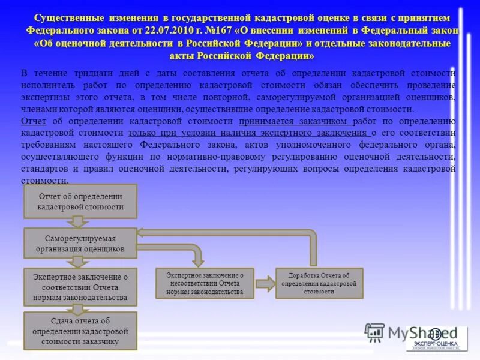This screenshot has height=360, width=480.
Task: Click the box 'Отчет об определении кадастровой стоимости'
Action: click(x=80, y=201)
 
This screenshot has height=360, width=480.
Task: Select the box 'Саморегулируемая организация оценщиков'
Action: click(x=80, y=243)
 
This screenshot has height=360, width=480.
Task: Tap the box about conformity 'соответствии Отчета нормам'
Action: click(x=80, y=287)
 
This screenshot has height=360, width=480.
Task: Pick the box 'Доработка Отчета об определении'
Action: click(x=319, y=283)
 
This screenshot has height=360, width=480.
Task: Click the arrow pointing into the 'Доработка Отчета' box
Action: click(x=265, y=283)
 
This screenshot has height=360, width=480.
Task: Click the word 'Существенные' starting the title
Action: click(x=69, y=18)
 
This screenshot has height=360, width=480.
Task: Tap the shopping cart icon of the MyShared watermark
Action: click(x=375, y=331)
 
